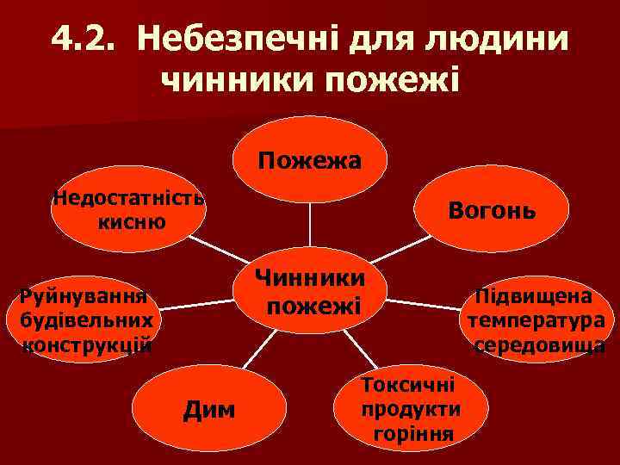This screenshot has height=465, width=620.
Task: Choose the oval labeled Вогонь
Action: tap(492, 209)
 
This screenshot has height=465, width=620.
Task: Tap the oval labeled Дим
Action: tap(209, 409)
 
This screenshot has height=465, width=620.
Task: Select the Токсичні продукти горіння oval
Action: tap(412, 407)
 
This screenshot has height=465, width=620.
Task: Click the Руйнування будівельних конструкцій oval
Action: tap(86, 321)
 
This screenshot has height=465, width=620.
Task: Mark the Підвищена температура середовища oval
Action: tap(536, 321)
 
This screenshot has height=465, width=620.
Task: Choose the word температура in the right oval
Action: tap(536, 321)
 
